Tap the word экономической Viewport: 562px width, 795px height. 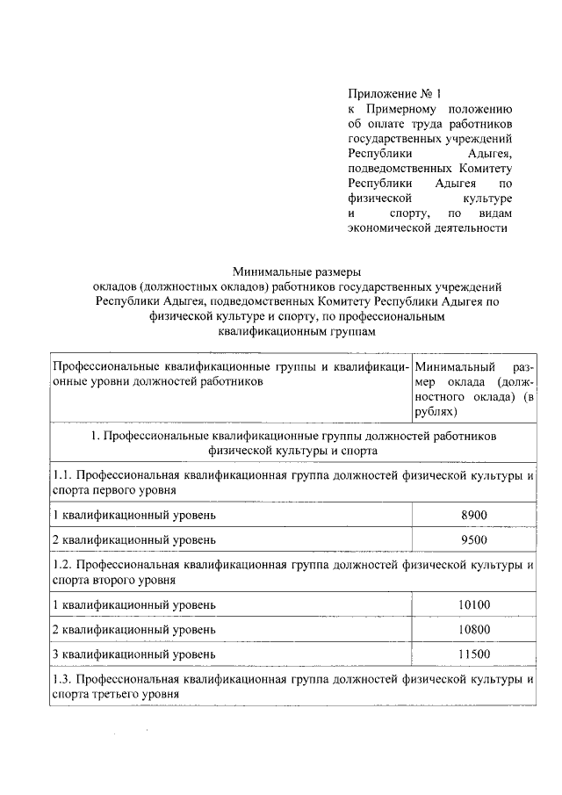pos(390,228)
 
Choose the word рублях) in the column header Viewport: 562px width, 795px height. pos(436,410)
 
